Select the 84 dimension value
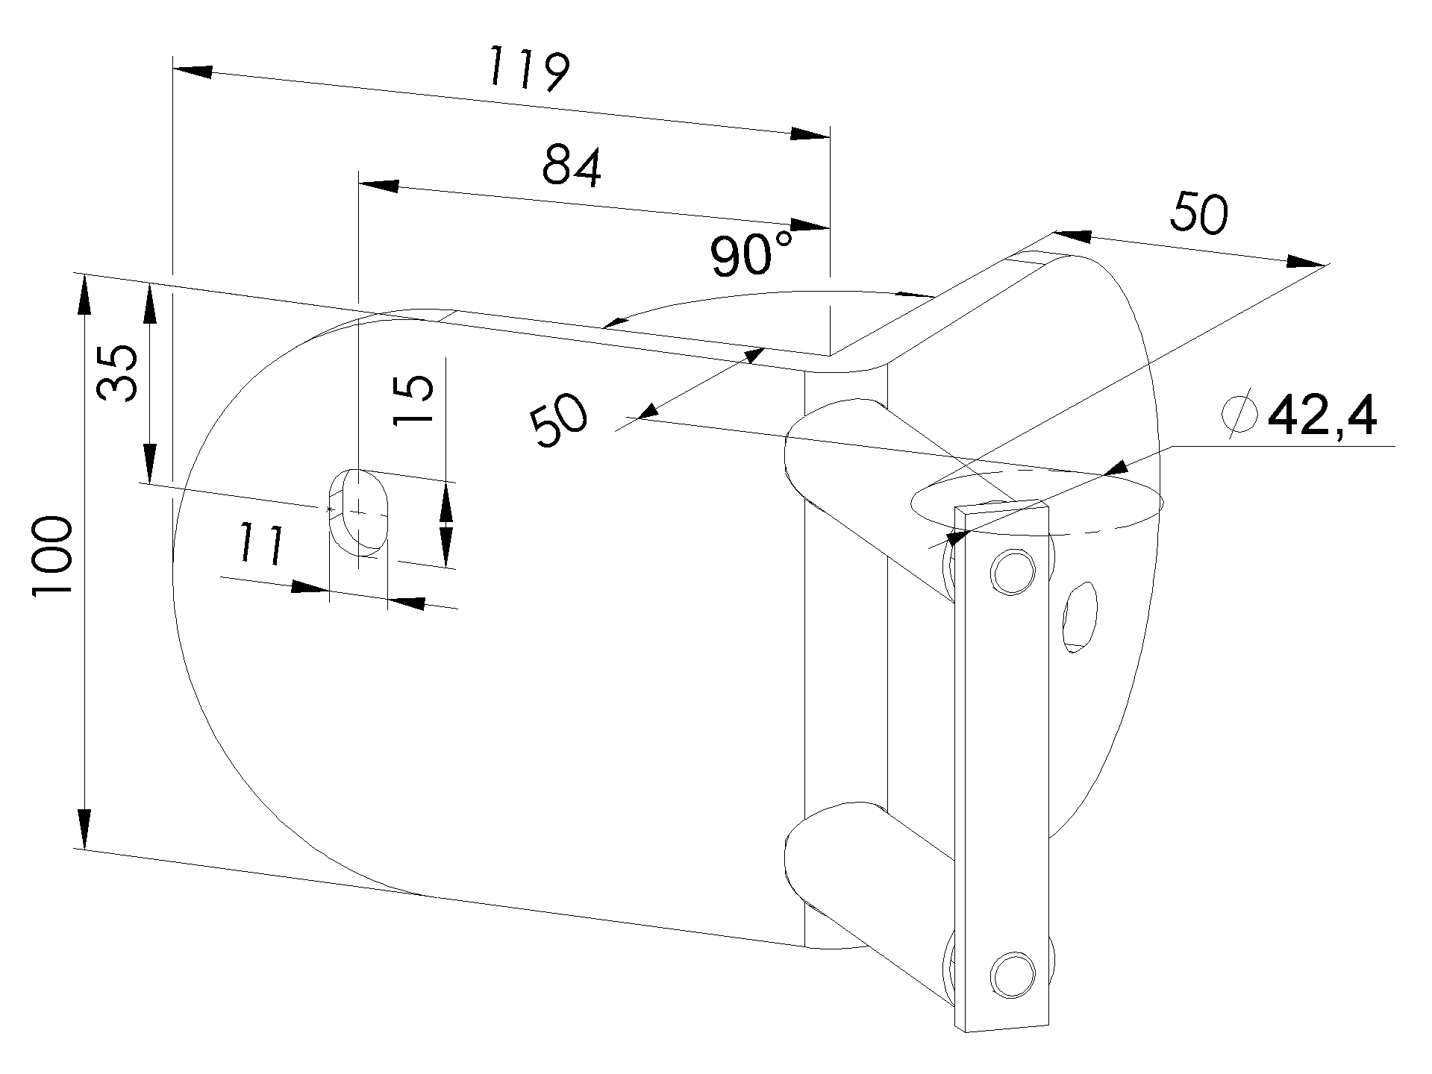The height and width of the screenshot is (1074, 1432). click(572, 166)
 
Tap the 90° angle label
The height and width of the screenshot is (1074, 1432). click(751, 255)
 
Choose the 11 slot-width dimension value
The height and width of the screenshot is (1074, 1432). click(260, 544)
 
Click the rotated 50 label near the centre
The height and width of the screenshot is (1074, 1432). click(560, 421)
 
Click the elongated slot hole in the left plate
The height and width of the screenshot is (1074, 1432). click(359, 512)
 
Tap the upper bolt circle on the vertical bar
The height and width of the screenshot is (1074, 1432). click(1012, 571)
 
